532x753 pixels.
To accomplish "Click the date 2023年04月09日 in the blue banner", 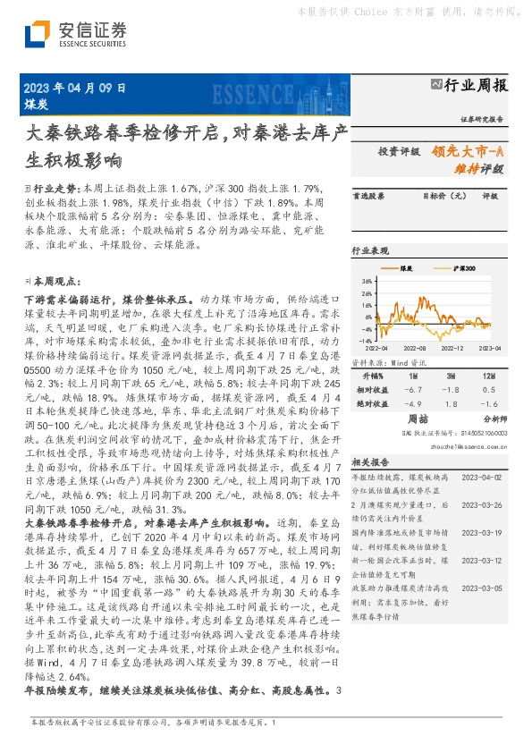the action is pos(72,89).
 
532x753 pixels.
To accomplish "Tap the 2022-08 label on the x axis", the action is pos(414,350).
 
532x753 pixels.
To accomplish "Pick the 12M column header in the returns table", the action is pos(487,376).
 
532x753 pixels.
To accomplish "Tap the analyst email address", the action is pos(456,442).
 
